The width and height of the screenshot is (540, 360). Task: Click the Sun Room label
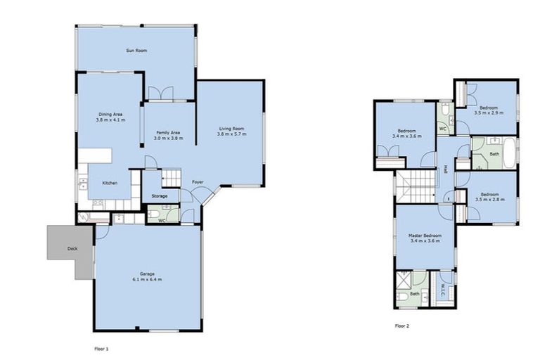(136, 51)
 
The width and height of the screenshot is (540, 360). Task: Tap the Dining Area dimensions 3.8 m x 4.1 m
(111, 120)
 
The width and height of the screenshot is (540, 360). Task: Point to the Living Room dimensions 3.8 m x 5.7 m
(231, 134)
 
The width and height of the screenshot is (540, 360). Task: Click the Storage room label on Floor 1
(160, 196)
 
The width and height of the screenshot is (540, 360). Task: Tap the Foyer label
(198, 182)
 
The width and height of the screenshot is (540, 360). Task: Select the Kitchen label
(110, 183)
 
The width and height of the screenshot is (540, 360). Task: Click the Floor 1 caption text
(103, 348)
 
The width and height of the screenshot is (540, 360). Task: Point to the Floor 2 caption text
(401, 326)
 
